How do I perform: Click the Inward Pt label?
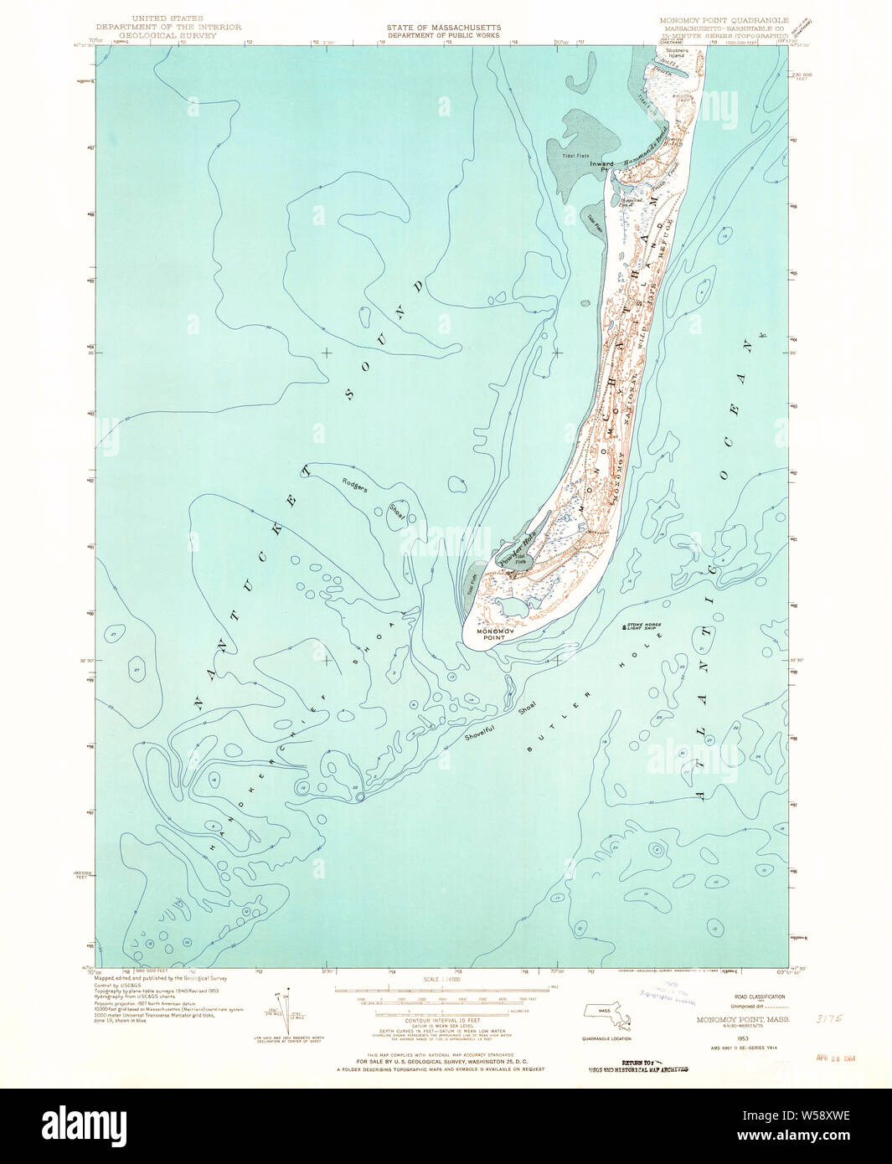click(x=601, y=167)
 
